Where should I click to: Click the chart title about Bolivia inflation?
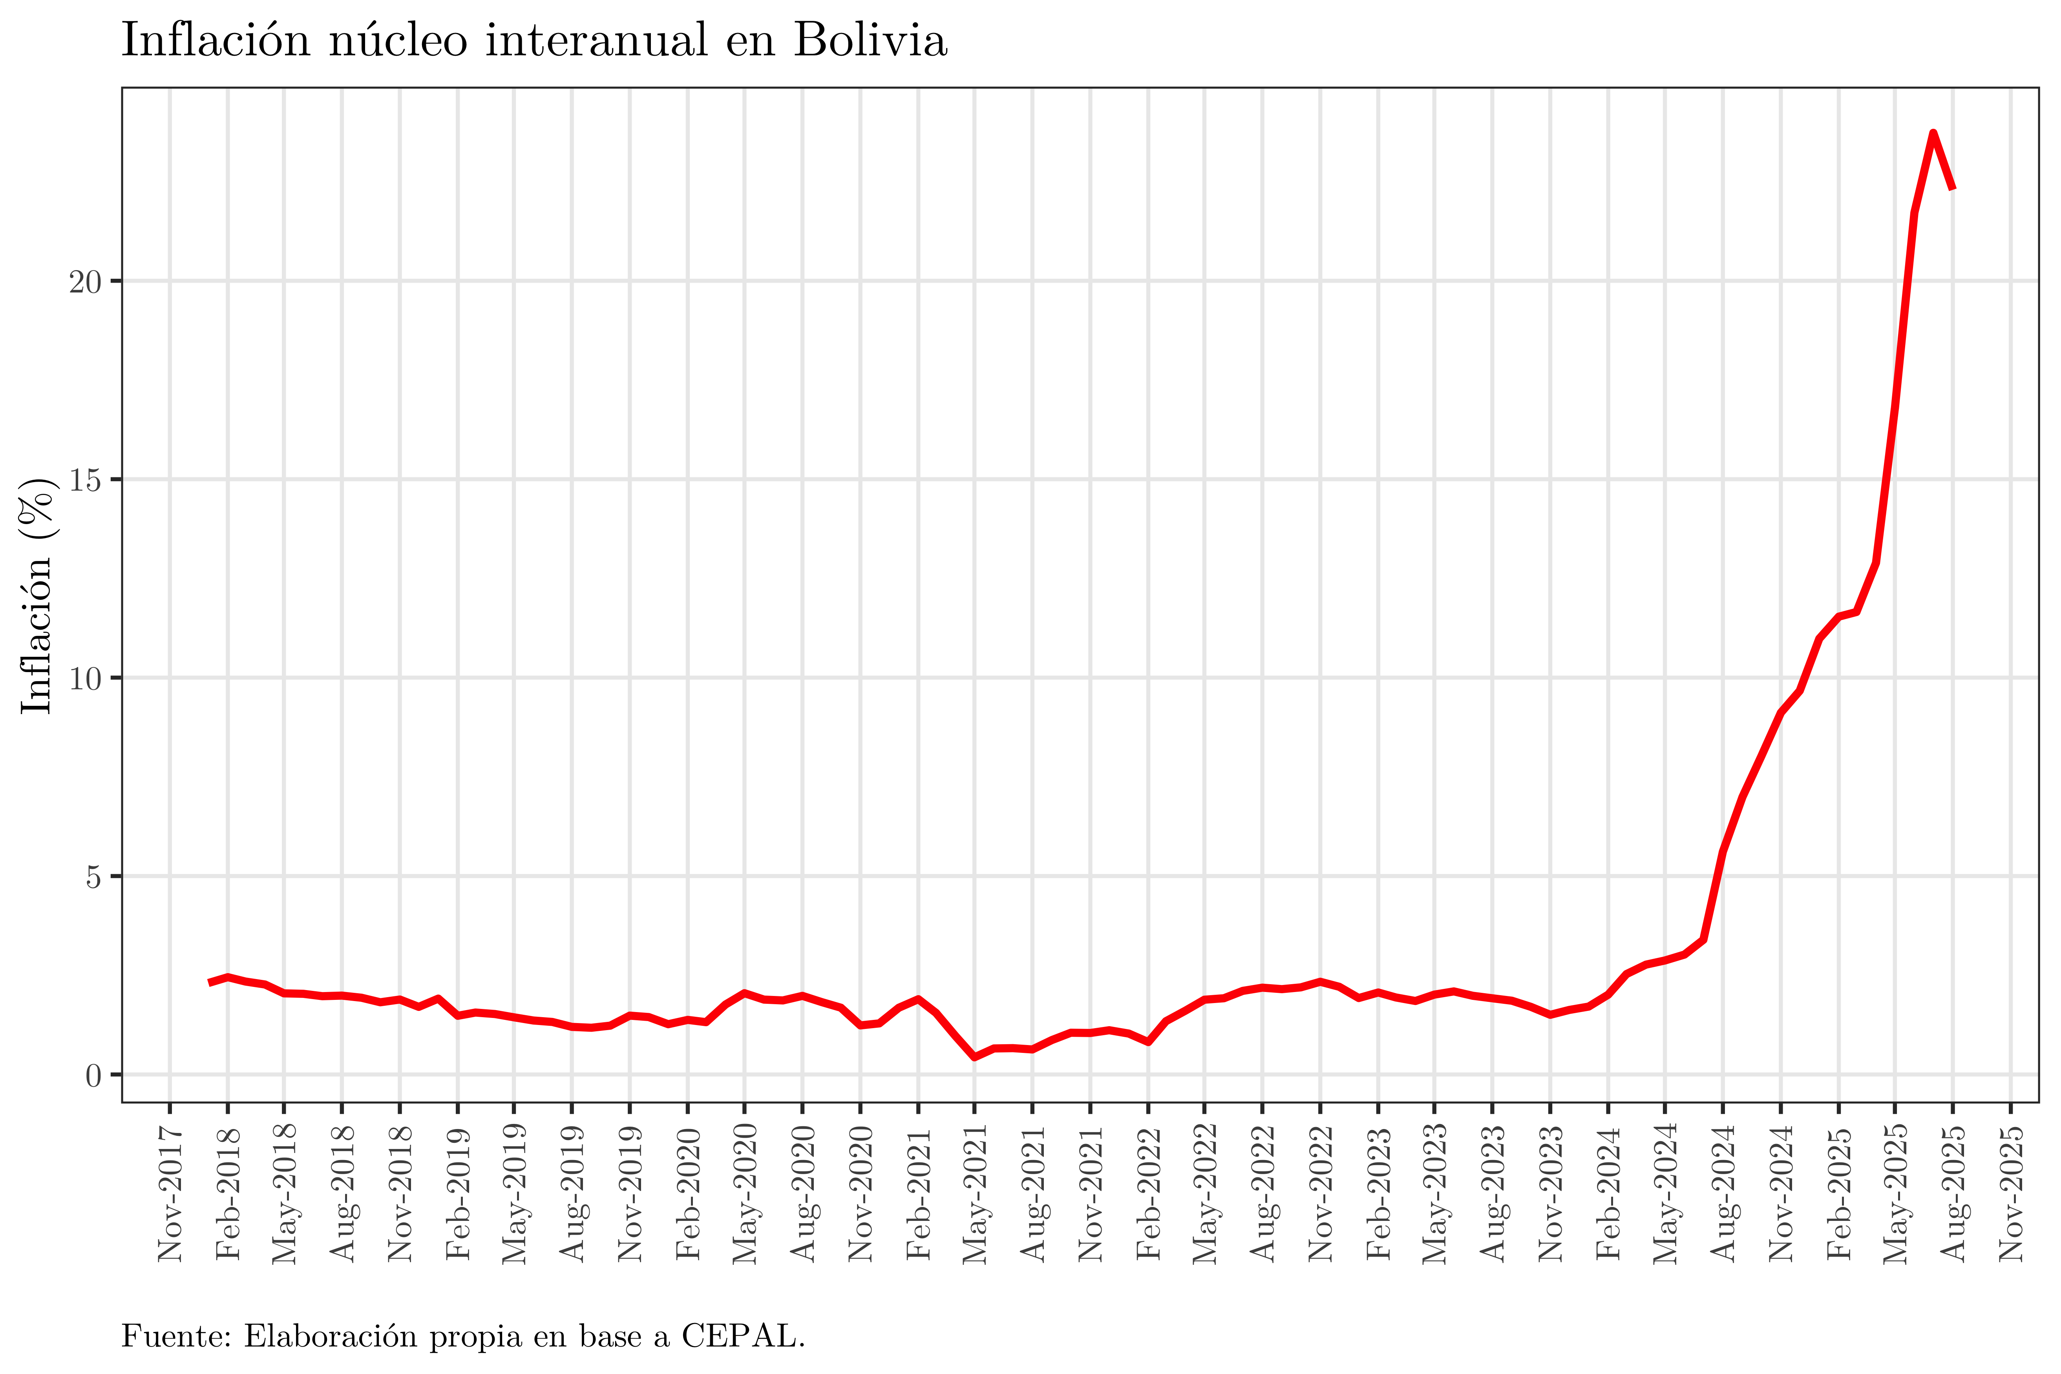[534, 41]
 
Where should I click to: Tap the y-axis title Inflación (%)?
[37, 596]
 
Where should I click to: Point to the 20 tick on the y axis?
[86, 282]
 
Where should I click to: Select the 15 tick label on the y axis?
[86, 480]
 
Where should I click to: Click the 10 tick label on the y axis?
[86, 678]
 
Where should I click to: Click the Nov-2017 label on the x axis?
[170, 1193]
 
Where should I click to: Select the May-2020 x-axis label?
[745, 1193]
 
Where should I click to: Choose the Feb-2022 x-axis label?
[1148, 1193]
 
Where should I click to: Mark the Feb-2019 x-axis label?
[457, 1193]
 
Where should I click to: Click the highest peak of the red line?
[1933, 133]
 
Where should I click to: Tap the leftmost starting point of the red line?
[209, 982]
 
